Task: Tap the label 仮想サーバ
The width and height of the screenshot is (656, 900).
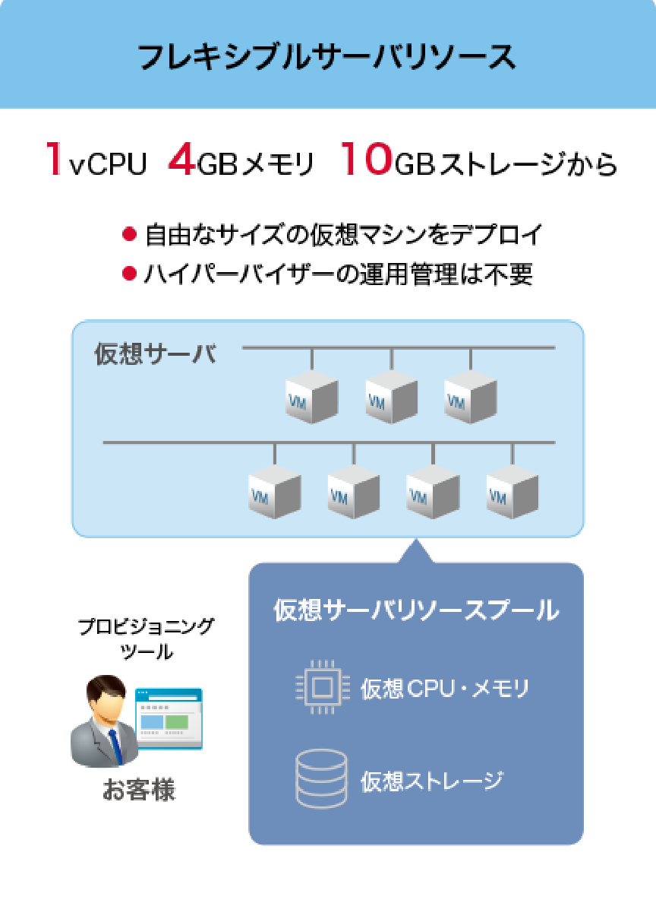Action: tap(155, 354)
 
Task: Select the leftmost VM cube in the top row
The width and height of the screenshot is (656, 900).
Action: tap(311, 397)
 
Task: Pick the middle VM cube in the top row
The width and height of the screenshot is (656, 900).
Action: tap(390, 397)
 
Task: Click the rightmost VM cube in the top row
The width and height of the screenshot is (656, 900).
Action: tap(469, 397)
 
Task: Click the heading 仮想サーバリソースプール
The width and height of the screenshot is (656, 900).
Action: tap(416, 610)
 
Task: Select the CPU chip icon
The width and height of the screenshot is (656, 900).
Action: tap(321, 688)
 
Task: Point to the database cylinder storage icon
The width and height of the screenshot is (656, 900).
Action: tap(321, 779)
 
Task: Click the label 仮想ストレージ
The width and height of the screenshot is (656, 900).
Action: tap(432, 780)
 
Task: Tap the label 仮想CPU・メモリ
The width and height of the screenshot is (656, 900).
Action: tap(444, 689)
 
